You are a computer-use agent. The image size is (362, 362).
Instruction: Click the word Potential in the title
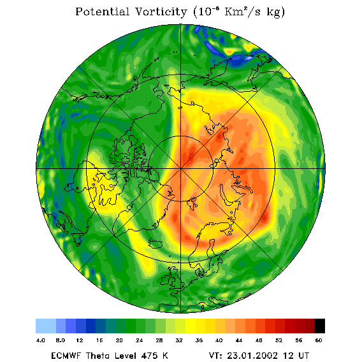click(x=102, y=11)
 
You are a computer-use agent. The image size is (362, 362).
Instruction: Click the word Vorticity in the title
click(x=161, y=11)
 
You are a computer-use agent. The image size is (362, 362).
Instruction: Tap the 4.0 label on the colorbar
click(x=41, y=340)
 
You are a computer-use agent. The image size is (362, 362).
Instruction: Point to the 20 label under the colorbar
click(x=119, y=340)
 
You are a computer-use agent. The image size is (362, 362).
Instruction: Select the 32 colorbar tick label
click(x=179, y=340)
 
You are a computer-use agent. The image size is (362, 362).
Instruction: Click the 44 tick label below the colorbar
click(x=239, y=340)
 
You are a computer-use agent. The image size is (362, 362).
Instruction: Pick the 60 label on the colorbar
click(x=319, y=340)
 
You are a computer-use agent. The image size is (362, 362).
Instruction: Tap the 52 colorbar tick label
click(x=279, y=340)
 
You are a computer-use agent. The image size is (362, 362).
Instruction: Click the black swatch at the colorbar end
click(x=320, y=326)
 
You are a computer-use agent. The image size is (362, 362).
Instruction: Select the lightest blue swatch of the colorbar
click(x=46, y=326)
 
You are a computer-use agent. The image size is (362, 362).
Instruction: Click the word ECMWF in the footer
click(x=66, y=355)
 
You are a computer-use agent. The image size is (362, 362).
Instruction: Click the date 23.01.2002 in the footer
click(x=252, y=355)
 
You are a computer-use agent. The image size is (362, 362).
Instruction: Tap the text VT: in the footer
click(x=215, y=355)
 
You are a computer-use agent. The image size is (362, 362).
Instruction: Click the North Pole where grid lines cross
click(x=180, y=169)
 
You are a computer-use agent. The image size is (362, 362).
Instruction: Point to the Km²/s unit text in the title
click(x=242, y=11)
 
